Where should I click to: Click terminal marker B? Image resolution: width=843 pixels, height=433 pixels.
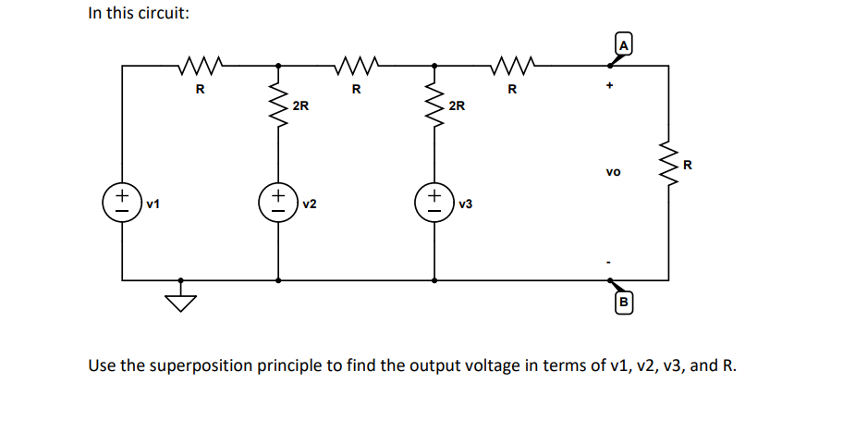(623, 302)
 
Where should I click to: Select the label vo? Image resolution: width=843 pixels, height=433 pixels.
(614, 172)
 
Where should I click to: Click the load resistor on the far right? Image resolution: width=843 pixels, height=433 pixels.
(667, 163)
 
